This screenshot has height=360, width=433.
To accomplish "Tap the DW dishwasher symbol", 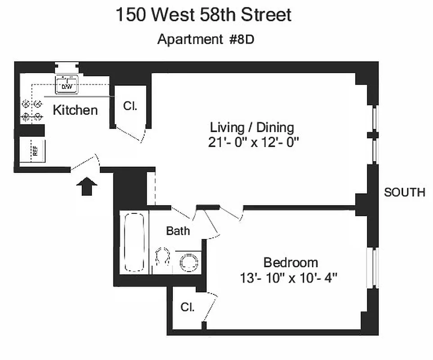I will point(67,85).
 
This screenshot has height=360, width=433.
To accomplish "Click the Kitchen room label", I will point(75,110).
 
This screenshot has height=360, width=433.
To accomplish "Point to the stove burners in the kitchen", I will point(32,110).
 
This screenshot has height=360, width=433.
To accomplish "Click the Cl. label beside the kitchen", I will point(130,107).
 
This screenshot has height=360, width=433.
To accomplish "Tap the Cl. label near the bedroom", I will point(188,307).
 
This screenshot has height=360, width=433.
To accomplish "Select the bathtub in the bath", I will point(134,242).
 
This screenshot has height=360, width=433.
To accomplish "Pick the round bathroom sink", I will point(189,262).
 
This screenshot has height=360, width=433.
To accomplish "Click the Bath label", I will point(178,231).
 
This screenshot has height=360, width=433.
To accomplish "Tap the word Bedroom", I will point(290,262).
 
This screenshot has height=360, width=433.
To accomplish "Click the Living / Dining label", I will point(252,127).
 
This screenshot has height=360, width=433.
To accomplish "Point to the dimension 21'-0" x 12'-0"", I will point(253,143).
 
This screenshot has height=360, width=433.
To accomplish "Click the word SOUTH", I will point(404,192).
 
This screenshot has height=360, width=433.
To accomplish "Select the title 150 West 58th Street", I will point(203,15).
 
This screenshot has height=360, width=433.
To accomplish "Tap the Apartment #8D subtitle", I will point(206,40).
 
